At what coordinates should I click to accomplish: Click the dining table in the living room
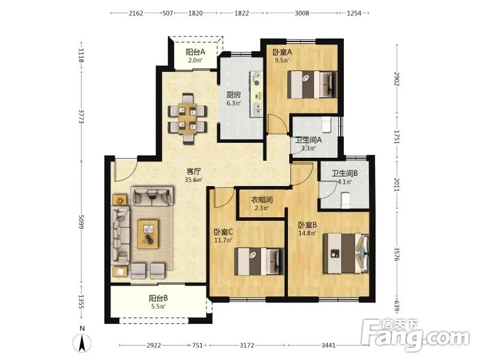click(187, 119)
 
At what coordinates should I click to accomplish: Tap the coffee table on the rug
click(148, 234)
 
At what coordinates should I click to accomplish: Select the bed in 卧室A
click(312, 85)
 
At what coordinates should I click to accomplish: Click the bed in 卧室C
click(259, 262)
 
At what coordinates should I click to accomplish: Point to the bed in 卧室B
click(346, 253)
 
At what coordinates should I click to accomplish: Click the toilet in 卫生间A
click(327, 124)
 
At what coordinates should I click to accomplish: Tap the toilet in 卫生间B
click(346, 200)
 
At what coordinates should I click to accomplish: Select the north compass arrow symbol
click(82, 343)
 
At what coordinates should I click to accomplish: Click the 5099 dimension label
click(81, 222)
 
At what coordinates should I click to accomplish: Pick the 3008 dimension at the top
click(302, 13)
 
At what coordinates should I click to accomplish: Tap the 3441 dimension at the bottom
click(328, 346)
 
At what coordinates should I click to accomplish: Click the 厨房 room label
click(233, 95)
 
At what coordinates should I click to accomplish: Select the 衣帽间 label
click(262, 200)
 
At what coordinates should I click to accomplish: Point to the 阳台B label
click(158, 298)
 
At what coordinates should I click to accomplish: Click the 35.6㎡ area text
click(193, 179)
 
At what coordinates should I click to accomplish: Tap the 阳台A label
click(196, 52)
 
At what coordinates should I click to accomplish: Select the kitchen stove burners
click(257, 79)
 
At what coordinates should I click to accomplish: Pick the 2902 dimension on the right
click(397, 79)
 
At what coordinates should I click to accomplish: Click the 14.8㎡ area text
click(307, 233)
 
